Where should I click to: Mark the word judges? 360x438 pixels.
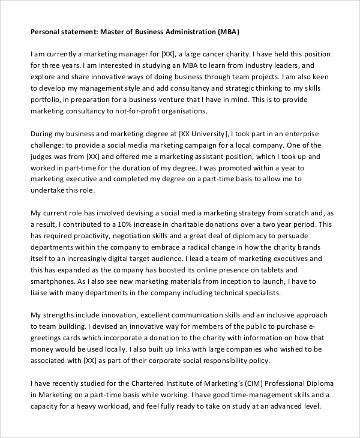44,157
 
